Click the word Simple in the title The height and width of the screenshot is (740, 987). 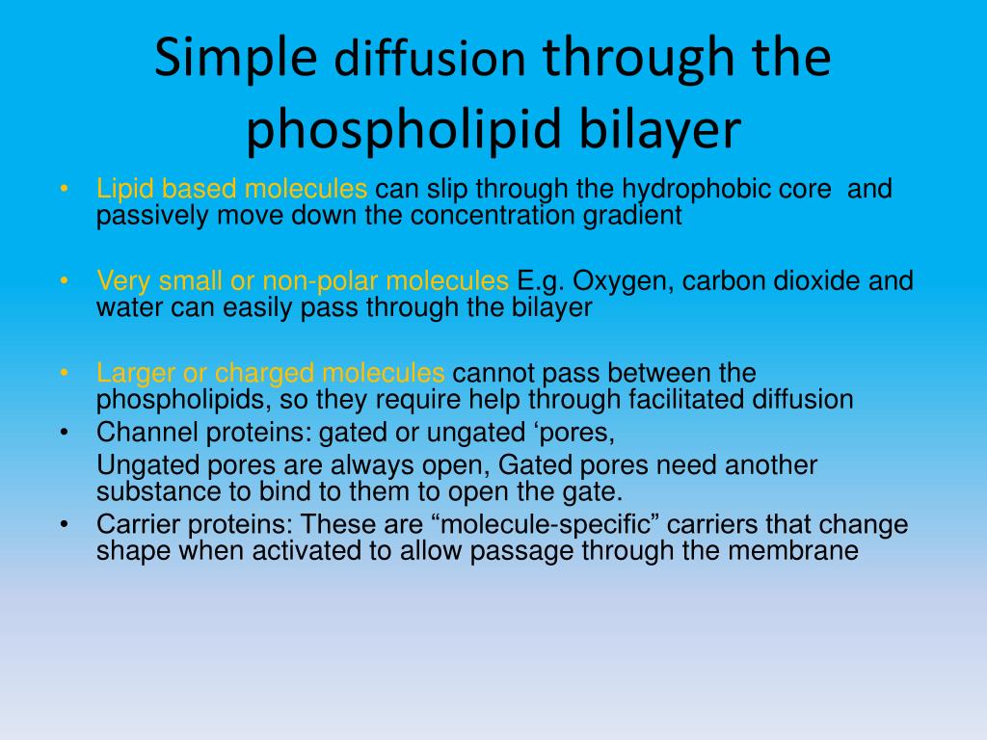(x=235, y=58)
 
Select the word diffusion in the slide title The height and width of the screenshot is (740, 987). (x=430, y=59)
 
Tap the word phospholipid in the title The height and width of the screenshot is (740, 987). (x=404, y=130)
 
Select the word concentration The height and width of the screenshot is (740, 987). (x=493, y=215)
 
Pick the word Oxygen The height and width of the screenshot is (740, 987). (x=624, y=281)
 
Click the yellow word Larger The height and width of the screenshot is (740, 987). (x=135, y=373)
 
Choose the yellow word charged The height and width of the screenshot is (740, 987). (x=264, y=373)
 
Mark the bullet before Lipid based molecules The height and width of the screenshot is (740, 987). (x=65, y=188)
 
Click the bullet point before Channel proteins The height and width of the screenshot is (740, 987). (x=65, y=433)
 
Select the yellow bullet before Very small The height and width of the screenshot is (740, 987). (x=65, y=280)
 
